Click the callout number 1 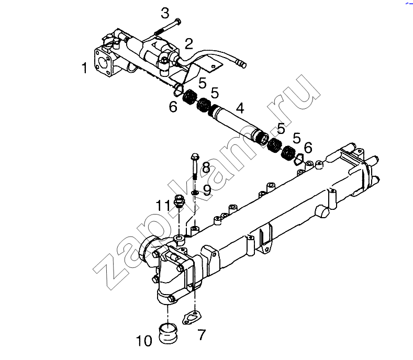coord(84,68)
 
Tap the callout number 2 coord(189,44)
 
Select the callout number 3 coord(165,13)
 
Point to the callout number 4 coord(240,108)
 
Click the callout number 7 coord(201,335)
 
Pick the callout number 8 coord(206,168)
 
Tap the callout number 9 coord(207,190)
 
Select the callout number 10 coord(144,341)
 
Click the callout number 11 coord(163,205)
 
